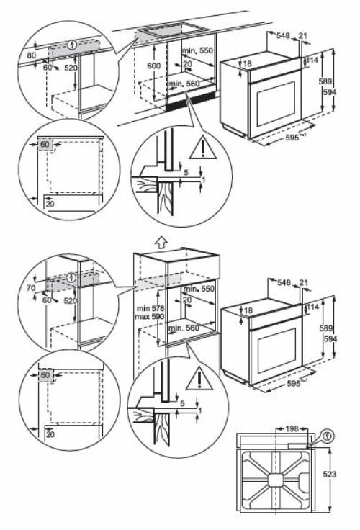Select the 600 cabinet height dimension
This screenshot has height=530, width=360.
coord(153,66)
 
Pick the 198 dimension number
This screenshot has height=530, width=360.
coord(292,428)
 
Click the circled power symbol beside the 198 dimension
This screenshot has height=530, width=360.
coord(329,435)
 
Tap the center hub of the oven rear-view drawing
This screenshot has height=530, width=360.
coord(276,478)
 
